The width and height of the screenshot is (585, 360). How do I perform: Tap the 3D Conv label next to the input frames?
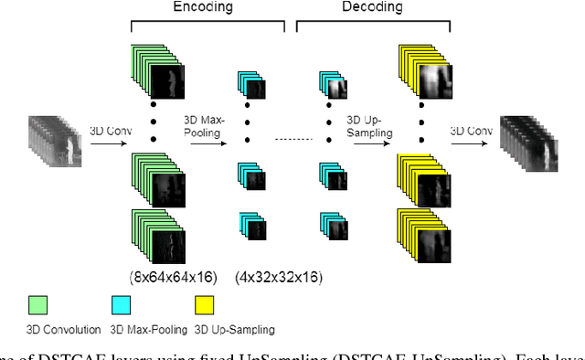111,131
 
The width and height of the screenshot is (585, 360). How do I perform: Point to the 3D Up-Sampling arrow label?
369,125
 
